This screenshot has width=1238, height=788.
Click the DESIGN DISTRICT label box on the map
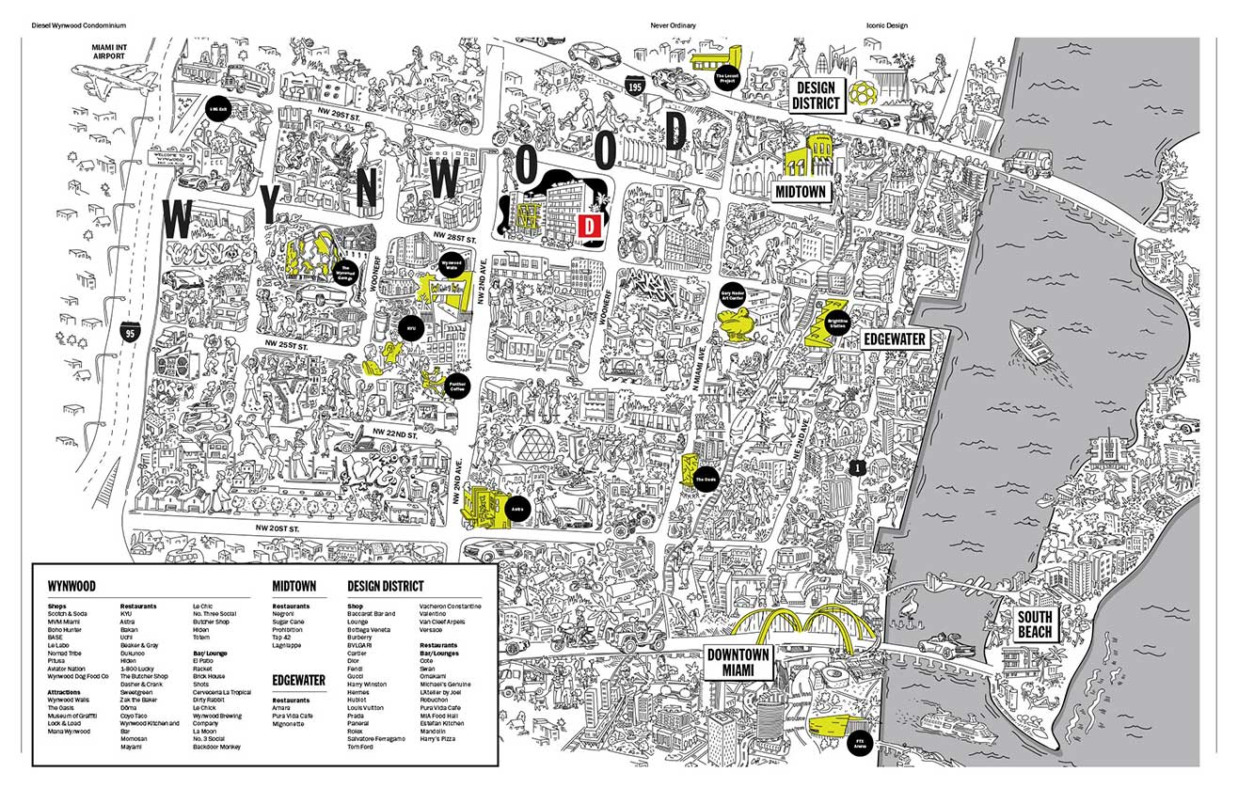point(814,96)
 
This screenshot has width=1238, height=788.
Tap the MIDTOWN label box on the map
point(801,191)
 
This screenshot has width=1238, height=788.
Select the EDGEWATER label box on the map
point(894,339)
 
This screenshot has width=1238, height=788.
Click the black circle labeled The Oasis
point(706,481)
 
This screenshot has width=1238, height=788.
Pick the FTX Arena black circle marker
point(860,741)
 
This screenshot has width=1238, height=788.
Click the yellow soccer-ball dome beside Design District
point(863,93)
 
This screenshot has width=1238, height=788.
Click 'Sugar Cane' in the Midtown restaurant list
point(287,623)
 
